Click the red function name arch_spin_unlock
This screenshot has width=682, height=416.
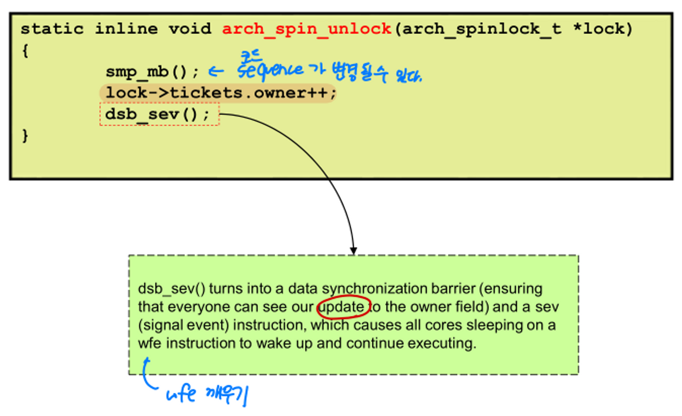[x=307, y=29]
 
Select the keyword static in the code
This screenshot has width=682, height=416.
[x=52, y=29]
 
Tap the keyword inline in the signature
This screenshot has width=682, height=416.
[x=126, y=29]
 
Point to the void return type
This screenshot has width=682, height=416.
[x=190, y=29]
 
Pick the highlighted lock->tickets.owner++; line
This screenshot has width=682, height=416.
[x=221, y=93]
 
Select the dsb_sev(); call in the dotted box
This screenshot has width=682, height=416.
[x=157, y=115]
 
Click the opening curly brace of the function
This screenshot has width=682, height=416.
[x=24, y=51]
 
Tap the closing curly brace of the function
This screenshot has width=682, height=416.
[x=24, y=136]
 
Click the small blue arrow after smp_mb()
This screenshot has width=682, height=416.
[x=216, y=72]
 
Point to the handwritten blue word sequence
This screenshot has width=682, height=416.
[x=271, y=71]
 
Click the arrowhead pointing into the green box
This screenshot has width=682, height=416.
[x=354, y=250]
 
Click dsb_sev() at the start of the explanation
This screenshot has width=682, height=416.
[x=171, y=289]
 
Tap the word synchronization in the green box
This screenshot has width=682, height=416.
[x=373, y=289]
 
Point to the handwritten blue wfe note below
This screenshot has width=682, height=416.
[x=181, y=395]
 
